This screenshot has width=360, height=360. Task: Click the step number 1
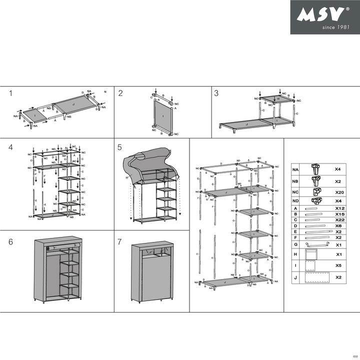[x=10, y=93]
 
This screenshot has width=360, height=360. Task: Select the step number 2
[x=120, y=93]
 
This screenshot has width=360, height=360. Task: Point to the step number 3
[x=216, y=93]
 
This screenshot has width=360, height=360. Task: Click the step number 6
[x=10, y=241]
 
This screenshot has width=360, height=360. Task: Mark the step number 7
[x=120, y=241]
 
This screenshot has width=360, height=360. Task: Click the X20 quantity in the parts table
[x=338, y=192]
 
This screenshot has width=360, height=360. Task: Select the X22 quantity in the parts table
[x=338, y=219]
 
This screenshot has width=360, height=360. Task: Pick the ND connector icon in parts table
[x=315, y=200]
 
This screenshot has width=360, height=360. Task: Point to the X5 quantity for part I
[x=338, y=265]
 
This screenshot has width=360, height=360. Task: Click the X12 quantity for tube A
[x=338, y=208]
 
